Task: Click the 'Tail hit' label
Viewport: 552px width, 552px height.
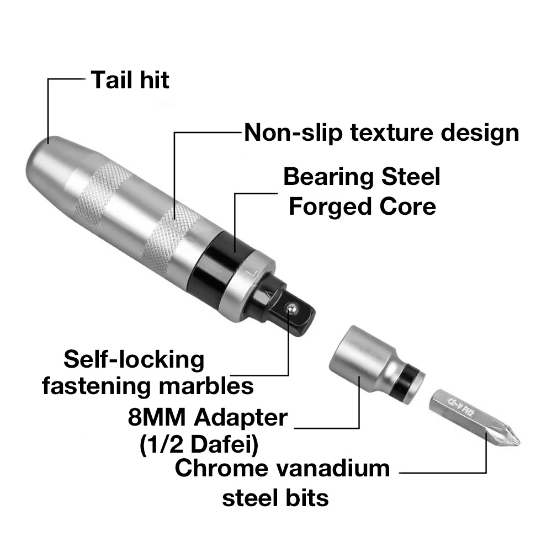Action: [x=130, y=80]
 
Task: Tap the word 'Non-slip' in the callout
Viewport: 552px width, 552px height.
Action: [x=293, y=132]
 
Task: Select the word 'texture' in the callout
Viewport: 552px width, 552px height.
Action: [x=391, y=132]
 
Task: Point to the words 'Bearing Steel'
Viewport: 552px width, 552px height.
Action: [x=362, y=177]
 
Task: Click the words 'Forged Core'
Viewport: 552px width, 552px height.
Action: [x=362, y=206]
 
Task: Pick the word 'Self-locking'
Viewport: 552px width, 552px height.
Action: [x=134, y=359]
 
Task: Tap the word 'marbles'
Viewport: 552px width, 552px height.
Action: [x=206, y=386]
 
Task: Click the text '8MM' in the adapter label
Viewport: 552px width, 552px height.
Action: [x=156, y=417]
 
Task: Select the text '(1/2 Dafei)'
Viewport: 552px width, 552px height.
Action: [x=199, y=444]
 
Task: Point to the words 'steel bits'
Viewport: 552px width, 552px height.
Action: [x=275, y=498]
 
